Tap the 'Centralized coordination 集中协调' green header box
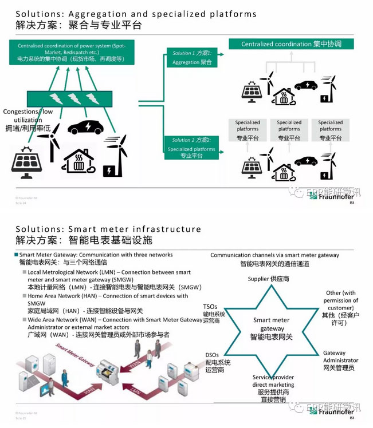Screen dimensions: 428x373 [290, 44]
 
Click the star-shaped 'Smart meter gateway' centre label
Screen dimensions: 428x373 [272, 329]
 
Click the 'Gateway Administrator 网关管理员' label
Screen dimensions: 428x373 [340, 360]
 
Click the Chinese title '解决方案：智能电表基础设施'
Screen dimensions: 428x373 [84, 240]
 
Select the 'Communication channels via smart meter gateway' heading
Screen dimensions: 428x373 [274, 255]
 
